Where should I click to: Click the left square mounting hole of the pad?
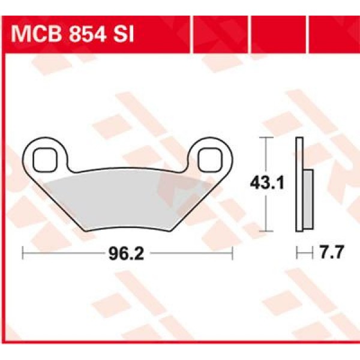click(44, 159)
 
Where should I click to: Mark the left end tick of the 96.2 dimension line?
click(22, 254)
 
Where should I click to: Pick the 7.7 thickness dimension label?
click(331, 254)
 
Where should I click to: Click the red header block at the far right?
click(335, 33)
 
